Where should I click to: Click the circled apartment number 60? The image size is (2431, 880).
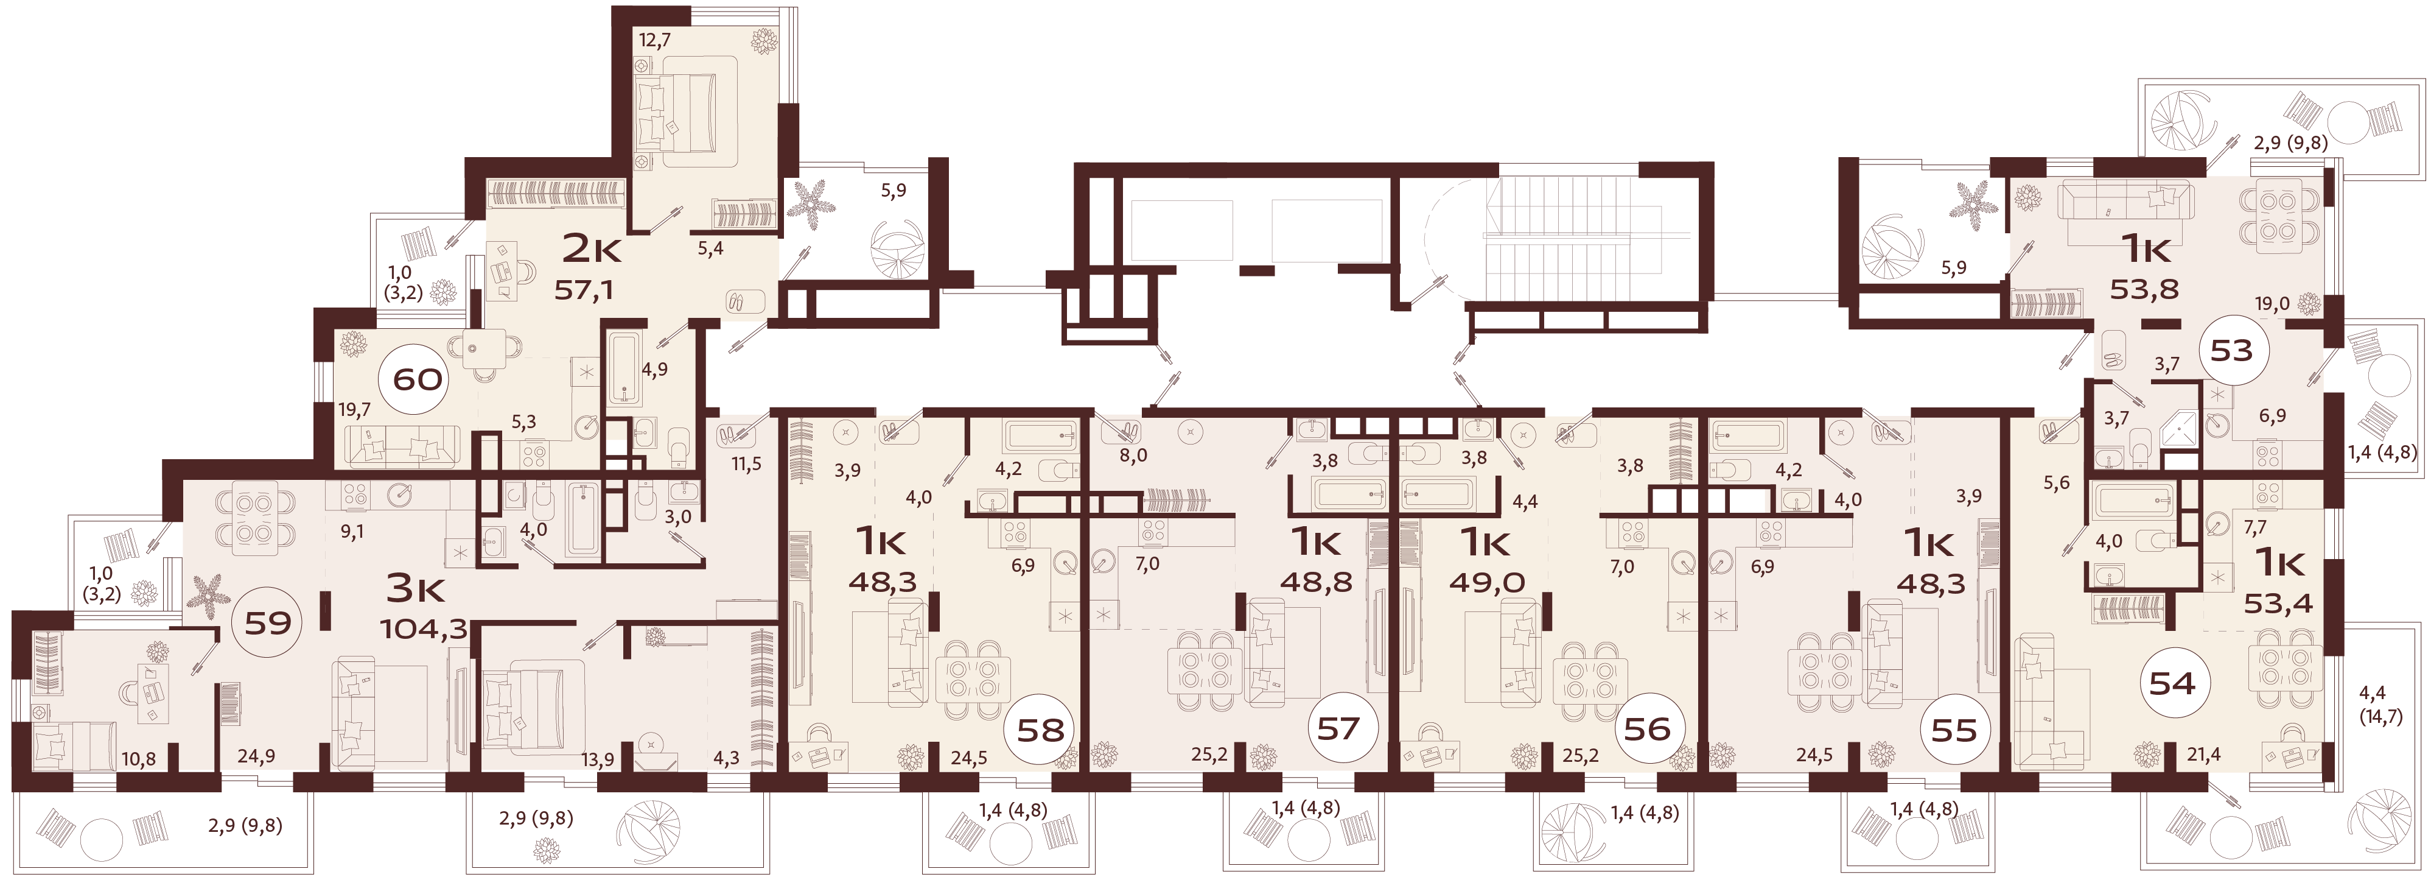point(416,379)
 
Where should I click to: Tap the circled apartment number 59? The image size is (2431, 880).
point(267,622)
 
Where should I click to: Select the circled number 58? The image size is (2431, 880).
point(1040,729)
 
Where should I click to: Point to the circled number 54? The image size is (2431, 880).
point(2172,683)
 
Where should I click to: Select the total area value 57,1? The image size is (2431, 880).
point(583,290)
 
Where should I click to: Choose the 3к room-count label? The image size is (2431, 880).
point(415,588)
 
